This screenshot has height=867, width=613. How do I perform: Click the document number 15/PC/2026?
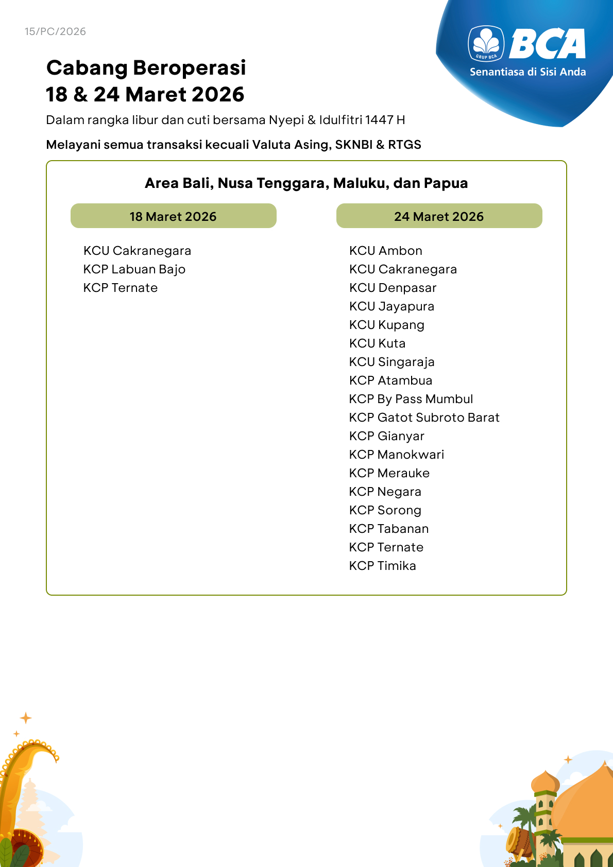[55, 31]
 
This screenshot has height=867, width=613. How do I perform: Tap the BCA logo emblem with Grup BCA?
[486, 43]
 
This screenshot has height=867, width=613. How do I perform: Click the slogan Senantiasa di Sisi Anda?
[527, 72]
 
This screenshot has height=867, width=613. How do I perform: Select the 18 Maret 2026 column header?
[173, 216]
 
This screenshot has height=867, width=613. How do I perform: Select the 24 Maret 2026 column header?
[439, 216]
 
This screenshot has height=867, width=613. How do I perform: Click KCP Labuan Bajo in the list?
[134, 269]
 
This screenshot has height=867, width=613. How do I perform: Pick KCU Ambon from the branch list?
[386, 251]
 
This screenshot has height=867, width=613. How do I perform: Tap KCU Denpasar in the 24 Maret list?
[393, 288]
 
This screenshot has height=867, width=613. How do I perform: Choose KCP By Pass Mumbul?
[411, 399]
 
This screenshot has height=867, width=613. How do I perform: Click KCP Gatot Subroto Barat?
[424, 418]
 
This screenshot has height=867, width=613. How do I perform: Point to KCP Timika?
[383, 566]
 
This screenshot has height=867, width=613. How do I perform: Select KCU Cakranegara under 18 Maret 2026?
[137, 251]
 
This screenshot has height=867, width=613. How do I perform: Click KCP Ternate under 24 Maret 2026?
[386, 547]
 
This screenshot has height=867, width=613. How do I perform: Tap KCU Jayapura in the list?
[391, 306]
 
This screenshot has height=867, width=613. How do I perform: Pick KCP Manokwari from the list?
[397, 455]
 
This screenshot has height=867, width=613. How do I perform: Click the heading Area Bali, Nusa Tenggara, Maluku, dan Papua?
[306, 183]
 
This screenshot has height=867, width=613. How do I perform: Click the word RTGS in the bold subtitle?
[404, 145]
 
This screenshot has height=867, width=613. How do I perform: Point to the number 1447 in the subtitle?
[379, 120]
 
